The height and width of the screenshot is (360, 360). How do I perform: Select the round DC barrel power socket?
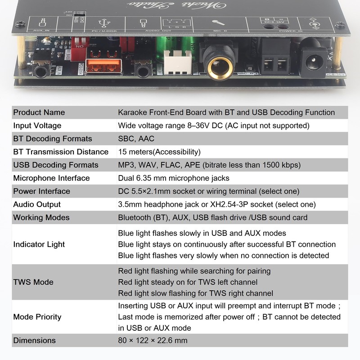point(314,61)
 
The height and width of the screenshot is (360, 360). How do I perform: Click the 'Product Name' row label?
point(39,112)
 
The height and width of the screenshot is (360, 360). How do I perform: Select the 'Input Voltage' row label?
point(37,126)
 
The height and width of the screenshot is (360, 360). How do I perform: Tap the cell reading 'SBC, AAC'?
point(136,139)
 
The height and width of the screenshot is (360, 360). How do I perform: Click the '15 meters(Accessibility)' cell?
point(159,152)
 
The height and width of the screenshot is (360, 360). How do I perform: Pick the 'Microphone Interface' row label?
point(51,178)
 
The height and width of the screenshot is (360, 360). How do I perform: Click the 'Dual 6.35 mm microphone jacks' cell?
point(174,178)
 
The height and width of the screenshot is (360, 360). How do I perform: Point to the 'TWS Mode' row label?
point(33,282)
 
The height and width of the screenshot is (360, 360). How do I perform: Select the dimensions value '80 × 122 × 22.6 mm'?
point(153,340)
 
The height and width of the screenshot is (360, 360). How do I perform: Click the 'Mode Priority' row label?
point(37,317)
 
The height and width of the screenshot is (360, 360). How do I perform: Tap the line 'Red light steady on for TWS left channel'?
point(188,282)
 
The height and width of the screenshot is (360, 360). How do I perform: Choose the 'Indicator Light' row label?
point(39,244)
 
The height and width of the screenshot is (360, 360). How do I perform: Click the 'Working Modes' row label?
point(41,218)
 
